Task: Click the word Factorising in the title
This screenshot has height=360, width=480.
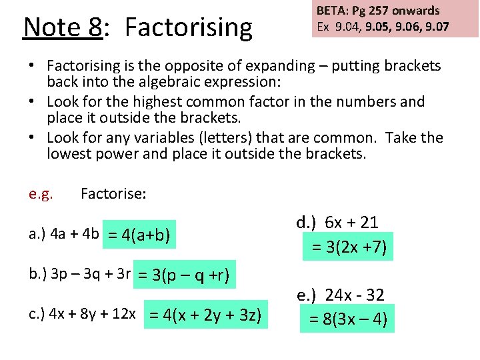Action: [x=189, y=28]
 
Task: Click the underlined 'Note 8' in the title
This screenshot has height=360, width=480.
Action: [x=63, y=28]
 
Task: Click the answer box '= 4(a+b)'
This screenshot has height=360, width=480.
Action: [x=139, y=235]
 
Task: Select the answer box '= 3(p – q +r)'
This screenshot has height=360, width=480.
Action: [x=185, y=275]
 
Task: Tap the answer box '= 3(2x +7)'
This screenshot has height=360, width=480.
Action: [x=347, y=246]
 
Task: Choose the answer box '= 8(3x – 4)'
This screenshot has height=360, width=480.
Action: [x=347, y=318]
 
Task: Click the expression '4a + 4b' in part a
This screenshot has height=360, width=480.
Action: [x=73, y=235]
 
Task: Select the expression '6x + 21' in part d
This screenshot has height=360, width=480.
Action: [x=352, y=223]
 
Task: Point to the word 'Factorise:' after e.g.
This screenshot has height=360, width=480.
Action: [x=113, y=194]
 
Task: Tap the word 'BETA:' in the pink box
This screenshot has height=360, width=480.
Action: [x=332, y=11]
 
